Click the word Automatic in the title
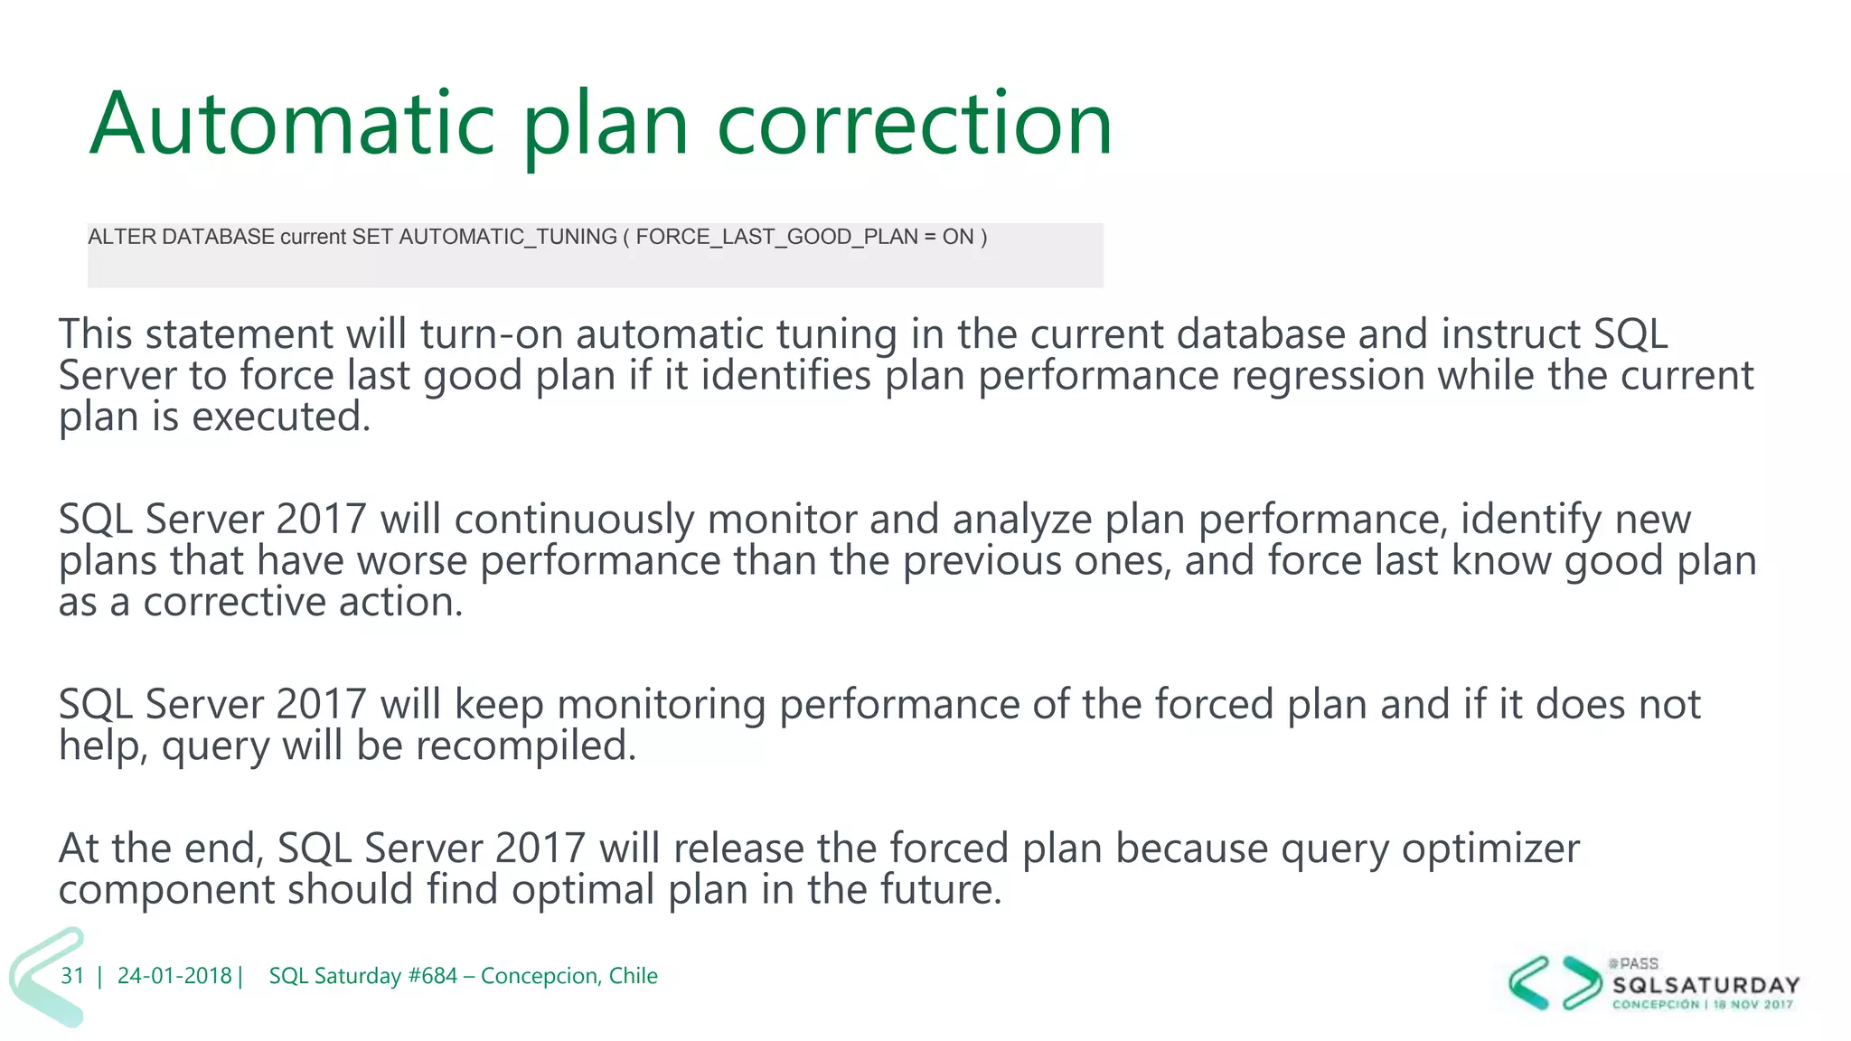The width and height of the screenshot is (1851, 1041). click(x=292, y=124)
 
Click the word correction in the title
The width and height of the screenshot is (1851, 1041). click(x=914, y=124)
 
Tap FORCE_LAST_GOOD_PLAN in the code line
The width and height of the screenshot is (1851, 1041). click(x=776, y=237)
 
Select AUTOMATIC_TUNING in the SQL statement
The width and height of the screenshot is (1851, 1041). click(x=508, y=237)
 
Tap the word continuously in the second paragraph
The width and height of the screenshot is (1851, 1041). click(x=574, y=520)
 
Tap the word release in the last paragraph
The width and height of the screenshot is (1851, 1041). click(x=738, y=849)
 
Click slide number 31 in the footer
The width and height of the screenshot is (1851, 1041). click(x=72, y=976)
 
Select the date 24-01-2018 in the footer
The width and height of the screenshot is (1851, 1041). click(x=174, y=976)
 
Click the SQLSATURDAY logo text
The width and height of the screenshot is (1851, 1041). click(x=1705, y=985)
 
